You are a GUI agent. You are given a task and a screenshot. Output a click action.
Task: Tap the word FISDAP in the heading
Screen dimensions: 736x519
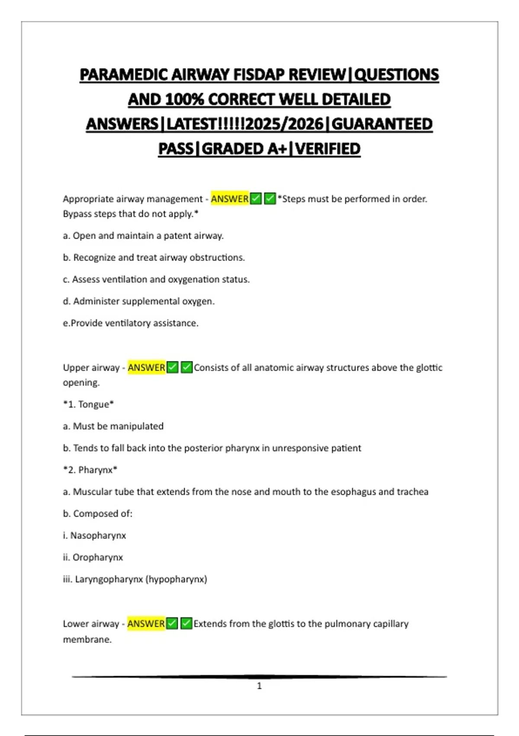pyautogui.click(x=259, y=75)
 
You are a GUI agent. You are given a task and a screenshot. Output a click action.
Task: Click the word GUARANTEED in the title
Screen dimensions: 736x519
pyautogui.click(x=382, y=124)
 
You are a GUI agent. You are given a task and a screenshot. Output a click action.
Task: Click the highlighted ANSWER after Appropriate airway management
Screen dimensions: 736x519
pyautogui.click(x=230, y=199)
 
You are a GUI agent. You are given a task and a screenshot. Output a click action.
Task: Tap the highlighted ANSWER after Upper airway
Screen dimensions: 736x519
pyautogui.click(x=147, y=368)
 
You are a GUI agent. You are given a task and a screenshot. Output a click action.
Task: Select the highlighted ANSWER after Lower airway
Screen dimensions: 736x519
pyautogui.click(x=146, y=623)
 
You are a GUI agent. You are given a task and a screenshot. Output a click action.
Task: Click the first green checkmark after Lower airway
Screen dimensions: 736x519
pyautogui.click(x=172, y=623)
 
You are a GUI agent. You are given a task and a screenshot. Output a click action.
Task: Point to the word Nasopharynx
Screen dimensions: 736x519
pyautogui.click(x=98, y=536)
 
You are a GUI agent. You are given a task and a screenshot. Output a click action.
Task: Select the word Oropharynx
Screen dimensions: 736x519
pyautogui.click(x=98, y=557)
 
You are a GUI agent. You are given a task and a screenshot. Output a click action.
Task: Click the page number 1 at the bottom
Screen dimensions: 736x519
pyautogui.click(x=259, y=686)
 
